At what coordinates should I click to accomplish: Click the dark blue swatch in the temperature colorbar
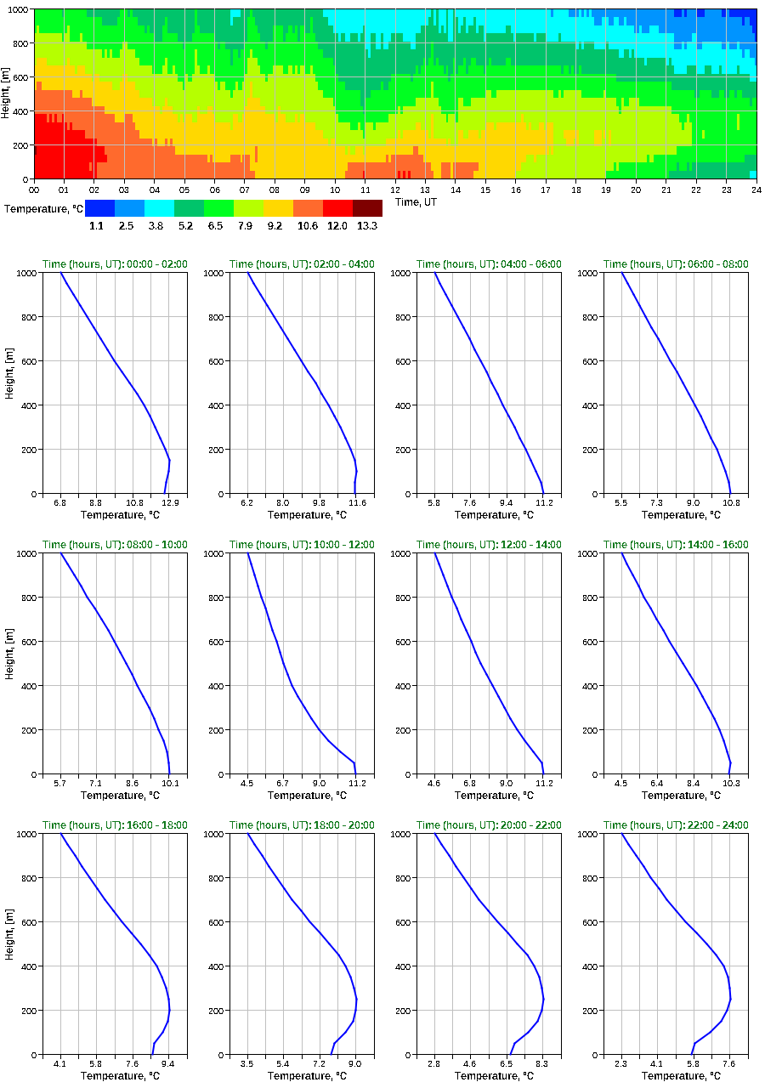click(99, 208)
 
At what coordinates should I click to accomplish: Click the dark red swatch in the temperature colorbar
click(367, 208)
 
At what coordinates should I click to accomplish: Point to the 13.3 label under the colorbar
click(367, 226)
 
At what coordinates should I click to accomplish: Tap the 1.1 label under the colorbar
click(96, 226)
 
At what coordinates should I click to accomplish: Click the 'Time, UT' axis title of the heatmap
click(420, 201)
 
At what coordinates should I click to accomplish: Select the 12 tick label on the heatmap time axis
click(395, 190)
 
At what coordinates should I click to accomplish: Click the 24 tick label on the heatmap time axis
click(756, 190)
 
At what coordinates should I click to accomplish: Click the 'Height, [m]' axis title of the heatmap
click(7, 94)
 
